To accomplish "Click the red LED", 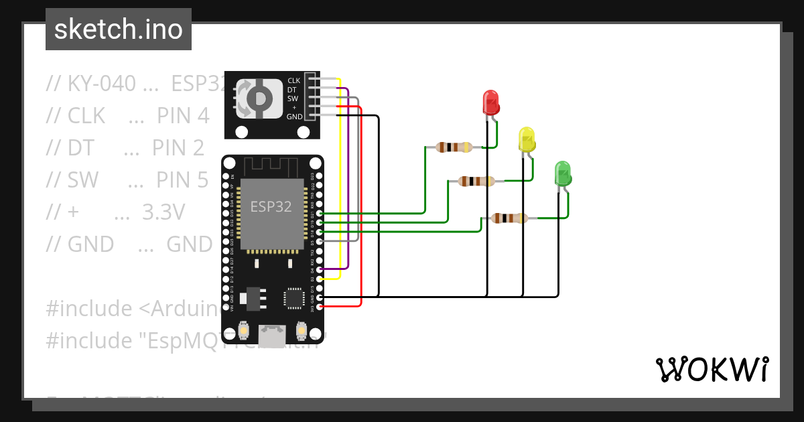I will [490, 102].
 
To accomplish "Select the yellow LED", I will [527, 139].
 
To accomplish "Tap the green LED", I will [562, 173].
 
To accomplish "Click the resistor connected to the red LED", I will [454, 147].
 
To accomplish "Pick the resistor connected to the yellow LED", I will [476, 181].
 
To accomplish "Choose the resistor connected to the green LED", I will [509, 218].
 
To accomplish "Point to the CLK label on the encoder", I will [293, 81].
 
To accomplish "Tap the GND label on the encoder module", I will [293, 117].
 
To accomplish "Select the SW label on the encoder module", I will [293, 98].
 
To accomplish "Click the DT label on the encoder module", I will [292, 90].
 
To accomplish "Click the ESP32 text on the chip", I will [271, 207].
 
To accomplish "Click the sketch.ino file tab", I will [119, 29].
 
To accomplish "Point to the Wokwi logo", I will [712, 369].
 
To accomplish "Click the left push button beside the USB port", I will [245, 330].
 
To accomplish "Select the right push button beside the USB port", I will [301, 330].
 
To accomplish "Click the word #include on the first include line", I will [89, 309].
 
